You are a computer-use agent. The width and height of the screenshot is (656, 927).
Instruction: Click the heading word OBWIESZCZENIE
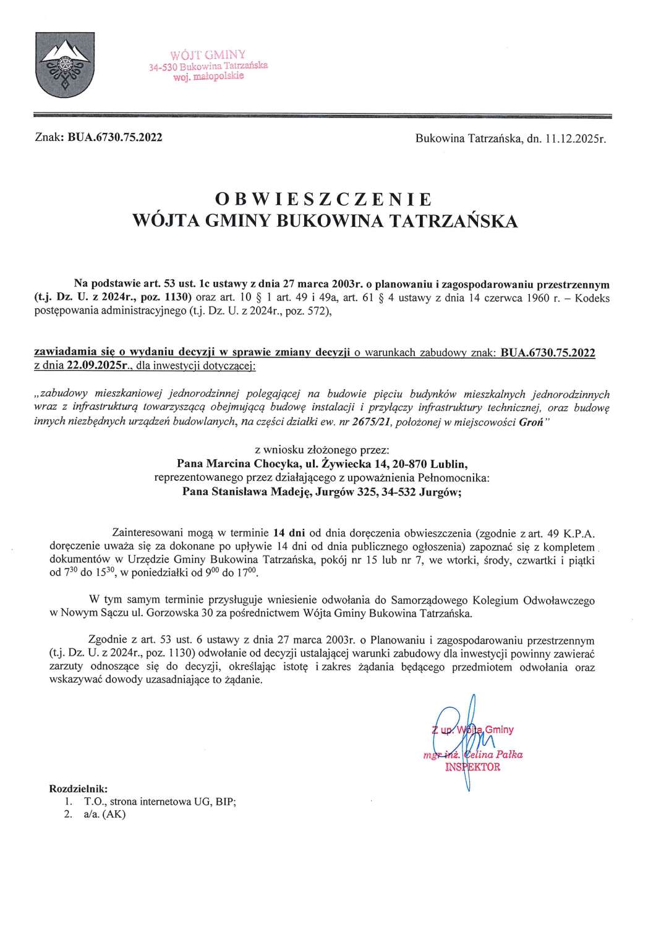[322, 199]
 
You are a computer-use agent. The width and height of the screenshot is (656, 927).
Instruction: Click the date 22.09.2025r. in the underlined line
[95, 366]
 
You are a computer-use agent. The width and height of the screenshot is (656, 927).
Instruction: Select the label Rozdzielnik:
[78, 789]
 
